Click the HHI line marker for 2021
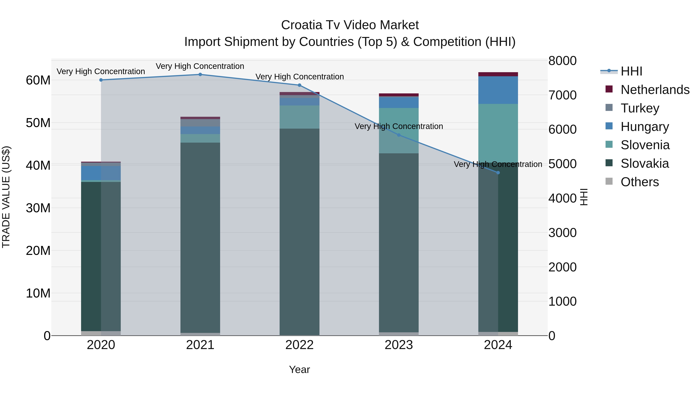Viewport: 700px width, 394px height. pyautogui.click(x=200, y=74)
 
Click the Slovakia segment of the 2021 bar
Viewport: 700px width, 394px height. pyautogui.click(x=200, y=237)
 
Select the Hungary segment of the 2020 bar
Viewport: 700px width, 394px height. pyautogui.click(x=101, y=173)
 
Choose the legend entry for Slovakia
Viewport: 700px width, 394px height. pyautogui.click(x=644, y=163)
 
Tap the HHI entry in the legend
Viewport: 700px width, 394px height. pyautogui.click(x=631, y=71)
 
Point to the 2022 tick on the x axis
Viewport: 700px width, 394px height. pyautogui.click(x=299, y=345)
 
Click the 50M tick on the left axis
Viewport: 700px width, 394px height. pyautogui.click(x=38, y=123)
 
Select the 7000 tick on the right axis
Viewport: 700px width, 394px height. pyautogui.click(x=562, y=95)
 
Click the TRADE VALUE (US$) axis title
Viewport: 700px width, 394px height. pyautogui.click(x=6, y=197)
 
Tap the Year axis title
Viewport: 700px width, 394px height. pyautogui.click(x=299, y=369)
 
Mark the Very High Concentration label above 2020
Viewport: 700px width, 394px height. pyautogui.click(x=101, y=72)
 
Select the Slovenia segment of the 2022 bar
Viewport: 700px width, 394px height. pyautogui.click(x=299, y=117)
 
